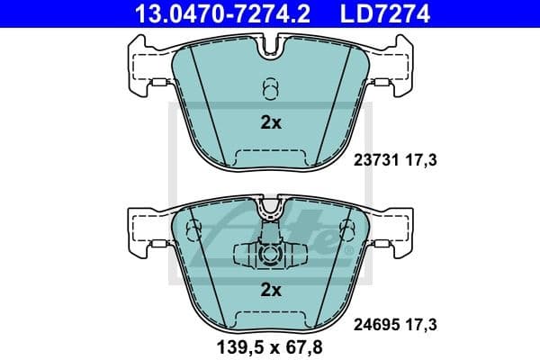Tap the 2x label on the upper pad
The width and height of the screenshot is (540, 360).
point(270,124)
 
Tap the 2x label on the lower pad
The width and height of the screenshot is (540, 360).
point(270,290)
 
